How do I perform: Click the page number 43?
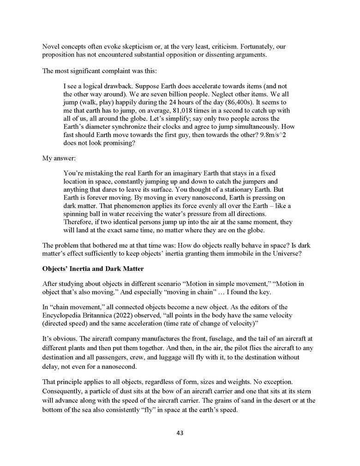point(180,433)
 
